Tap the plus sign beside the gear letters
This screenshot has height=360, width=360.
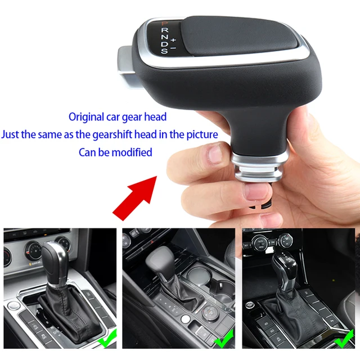pyautogui.click(x=173, y=40)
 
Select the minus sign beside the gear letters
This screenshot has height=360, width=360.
pyautogui.click(x=173, y=48)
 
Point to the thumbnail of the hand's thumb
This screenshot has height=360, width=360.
pyautogui.click(x=214, y=152)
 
